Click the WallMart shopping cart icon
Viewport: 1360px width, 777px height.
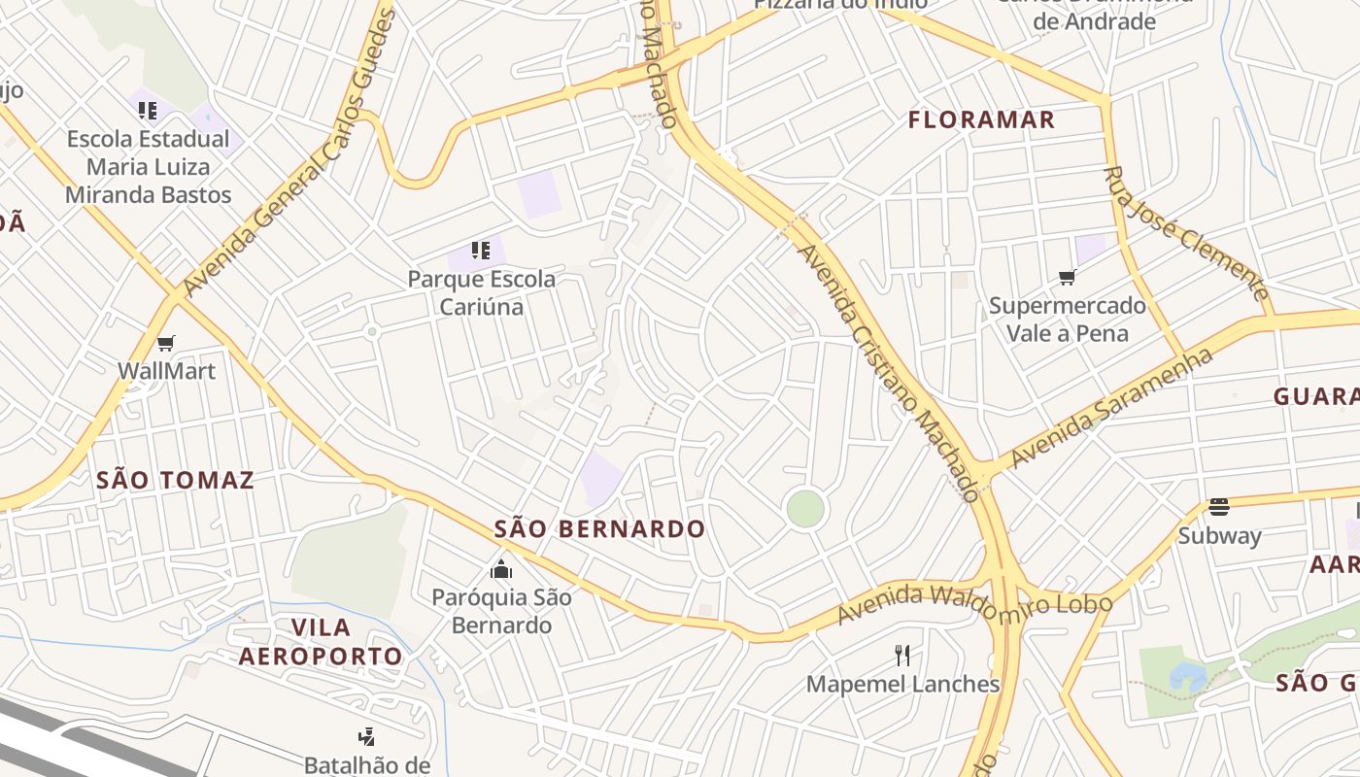pyautogui.click(x=165, y=343)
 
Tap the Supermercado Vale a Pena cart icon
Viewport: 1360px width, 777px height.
pyautogui.click(x=1067, y=278)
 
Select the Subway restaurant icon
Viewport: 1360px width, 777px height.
pyautogui.click(x=1219, y=506)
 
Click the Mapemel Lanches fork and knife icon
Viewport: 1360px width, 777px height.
pyautogui.click(x=902, y=655)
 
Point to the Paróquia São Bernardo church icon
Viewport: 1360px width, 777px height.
pyautogui.click(x=501, y=568)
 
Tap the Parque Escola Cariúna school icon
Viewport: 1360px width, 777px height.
pyautogui.click(x=480, y=251)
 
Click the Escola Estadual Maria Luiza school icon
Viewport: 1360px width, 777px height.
pyautogui.click(x=148, y=110)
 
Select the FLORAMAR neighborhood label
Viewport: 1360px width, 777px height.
pyautogui.click(x=981, y=119)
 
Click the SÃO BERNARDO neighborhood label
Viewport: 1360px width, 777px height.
pyautogui.click(x=599, y=529)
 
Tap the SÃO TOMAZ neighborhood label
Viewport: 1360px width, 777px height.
pyautogui.click(x=175, y=480)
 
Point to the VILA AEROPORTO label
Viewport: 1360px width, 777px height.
pyautogui.click(x=321, y=641)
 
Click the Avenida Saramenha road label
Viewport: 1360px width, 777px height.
pyautogui.click(x=1111, y=408)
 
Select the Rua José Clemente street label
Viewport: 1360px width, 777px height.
pyautogui.click(x=1186, y=233)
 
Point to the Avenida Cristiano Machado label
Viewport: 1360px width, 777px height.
pyautogui.click(x=887, y=369)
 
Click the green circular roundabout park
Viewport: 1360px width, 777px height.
pyautogui.click(x=805, y=509)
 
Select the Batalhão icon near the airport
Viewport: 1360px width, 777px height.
pyautogui.click(x=367, y=737)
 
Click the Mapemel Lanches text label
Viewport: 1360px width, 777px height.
pyautogui.click(x=902, y=684)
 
